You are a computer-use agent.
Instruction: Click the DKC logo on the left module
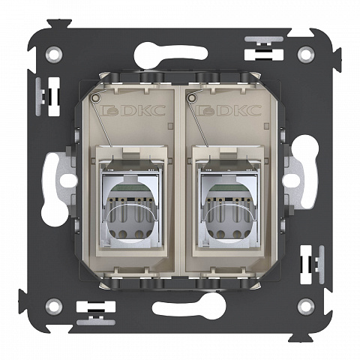tap(133, 110)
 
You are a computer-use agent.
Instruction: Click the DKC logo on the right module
tap(229, 110)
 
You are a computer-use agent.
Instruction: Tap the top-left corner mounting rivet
tap(54, 54)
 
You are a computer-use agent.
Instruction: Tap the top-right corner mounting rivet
tap(306, 54)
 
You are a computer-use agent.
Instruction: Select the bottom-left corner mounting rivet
tap(54, 306)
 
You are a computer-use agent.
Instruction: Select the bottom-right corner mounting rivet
tap(306, 306)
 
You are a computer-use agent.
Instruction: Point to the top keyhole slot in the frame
tap(170, 54)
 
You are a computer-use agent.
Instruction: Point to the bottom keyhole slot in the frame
tap(189, 305)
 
